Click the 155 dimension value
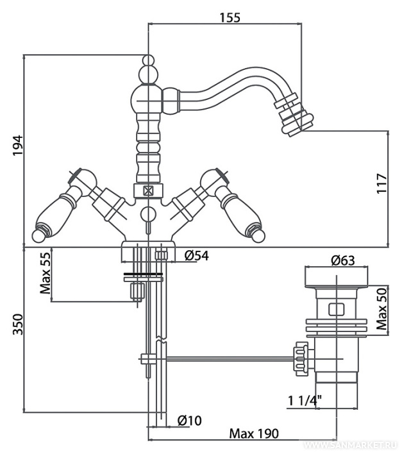pos(228,18)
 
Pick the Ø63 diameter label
pos(344,260)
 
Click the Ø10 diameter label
pos(189,421)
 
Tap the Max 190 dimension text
pos(254,434)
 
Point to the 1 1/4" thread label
pos(305,402)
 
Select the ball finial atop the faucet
pos(148,63)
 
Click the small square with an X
pos(148,190)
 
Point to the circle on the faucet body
pos(148,214)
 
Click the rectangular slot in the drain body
pos(334,310)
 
